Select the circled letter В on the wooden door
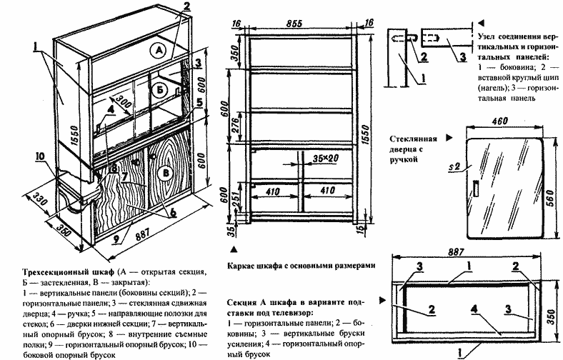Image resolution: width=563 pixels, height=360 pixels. [166, 172]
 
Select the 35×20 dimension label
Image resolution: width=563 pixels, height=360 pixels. [324, 156]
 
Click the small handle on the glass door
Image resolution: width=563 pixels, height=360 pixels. [475, 189]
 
